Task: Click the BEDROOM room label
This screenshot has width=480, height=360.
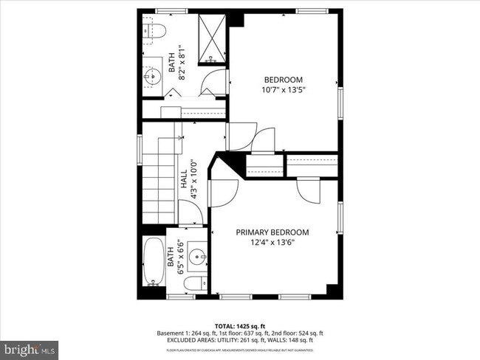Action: click(x=284, y=80)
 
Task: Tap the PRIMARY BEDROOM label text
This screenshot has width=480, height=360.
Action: click(x=272, y=232)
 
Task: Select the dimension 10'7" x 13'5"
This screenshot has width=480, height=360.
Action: click(x=284, y=89)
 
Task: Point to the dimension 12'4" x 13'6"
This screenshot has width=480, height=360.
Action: click(x=272, y=242)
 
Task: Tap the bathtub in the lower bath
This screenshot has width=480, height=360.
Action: click(x=154, y=261)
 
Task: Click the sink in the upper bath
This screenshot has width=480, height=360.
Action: click(x=154, y=74)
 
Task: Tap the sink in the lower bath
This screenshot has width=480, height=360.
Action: click(x=196, y=256)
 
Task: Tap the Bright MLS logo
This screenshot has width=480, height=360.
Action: click(x=30, y=347)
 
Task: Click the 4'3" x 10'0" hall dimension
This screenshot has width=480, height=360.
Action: click(x=193, y=179)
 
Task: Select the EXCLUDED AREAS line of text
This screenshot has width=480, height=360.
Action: click(x=235, y=340)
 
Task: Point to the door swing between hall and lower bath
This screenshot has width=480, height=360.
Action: click(x=191, y=215)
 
